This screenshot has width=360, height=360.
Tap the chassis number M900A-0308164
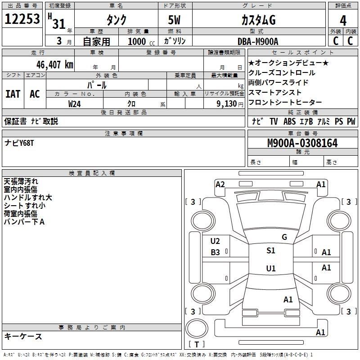click(x=302, y=144)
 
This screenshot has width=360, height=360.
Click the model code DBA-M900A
click(x=258, y=41)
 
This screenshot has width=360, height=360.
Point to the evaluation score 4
click(x=343, y=20)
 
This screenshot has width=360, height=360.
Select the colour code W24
click(x=75, y=103)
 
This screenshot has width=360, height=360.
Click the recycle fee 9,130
click(x=226, y=103)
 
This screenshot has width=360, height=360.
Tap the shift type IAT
click(x=13, y=94)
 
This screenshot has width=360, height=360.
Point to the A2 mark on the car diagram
click(x=220, y=184)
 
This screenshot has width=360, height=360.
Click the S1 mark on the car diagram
click(x=270, y=251)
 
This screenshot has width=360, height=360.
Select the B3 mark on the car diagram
click(x=216, y=252)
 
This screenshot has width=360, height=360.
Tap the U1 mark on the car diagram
click(x=270, y=269)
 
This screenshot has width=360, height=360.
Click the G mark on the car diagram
click(x=284, y=237)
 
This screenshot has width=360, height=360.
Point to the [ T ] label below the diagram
click(x=197, y=344)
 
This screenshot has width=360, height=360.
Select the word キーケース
click(x=23, y=336)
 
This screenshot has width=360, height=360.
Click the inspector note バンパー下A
click(x=24, y=221)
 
